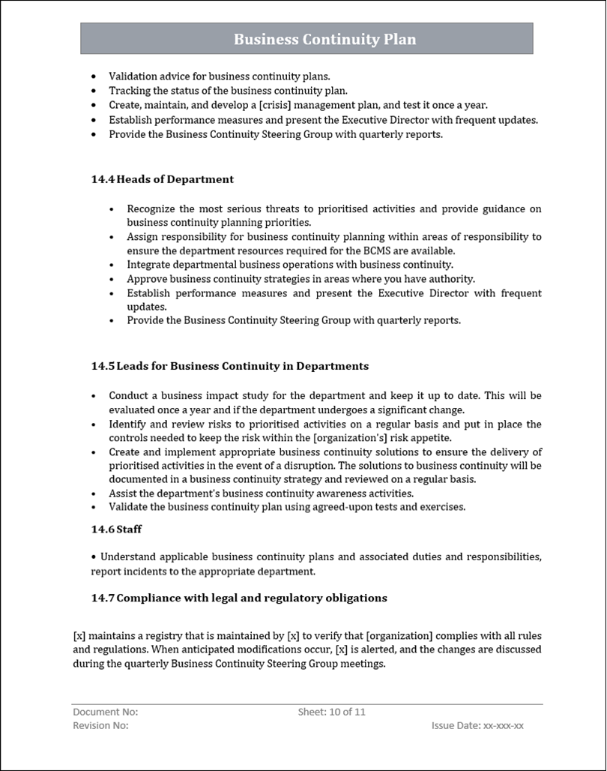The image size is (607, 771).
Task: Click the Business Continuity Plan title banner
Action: tap(306, 39)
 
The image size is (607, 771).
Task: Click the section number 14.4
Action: tap(103, 179)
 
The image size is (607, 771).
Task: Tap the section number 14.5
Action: tap(103, 366)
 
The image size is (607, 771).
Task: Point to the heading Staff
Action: tap(129, 529)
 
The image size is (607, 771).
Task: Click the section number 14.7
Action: tap(103, 598)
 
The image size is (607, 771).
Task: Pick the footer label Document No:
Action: tap(106, 712)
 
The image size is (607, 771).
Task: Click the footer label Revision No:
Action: tap(101, 725)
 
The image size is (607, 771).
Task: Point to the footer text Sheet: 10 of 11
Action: tap(331, 712)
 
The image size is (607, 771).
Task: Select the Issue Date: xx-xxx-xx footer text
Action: tap(477, 725)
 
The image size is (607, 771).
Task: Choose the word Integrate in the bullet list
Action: tap(148, 264)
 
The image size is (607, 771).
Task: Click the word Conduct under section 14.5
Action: tap(129, 395)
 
